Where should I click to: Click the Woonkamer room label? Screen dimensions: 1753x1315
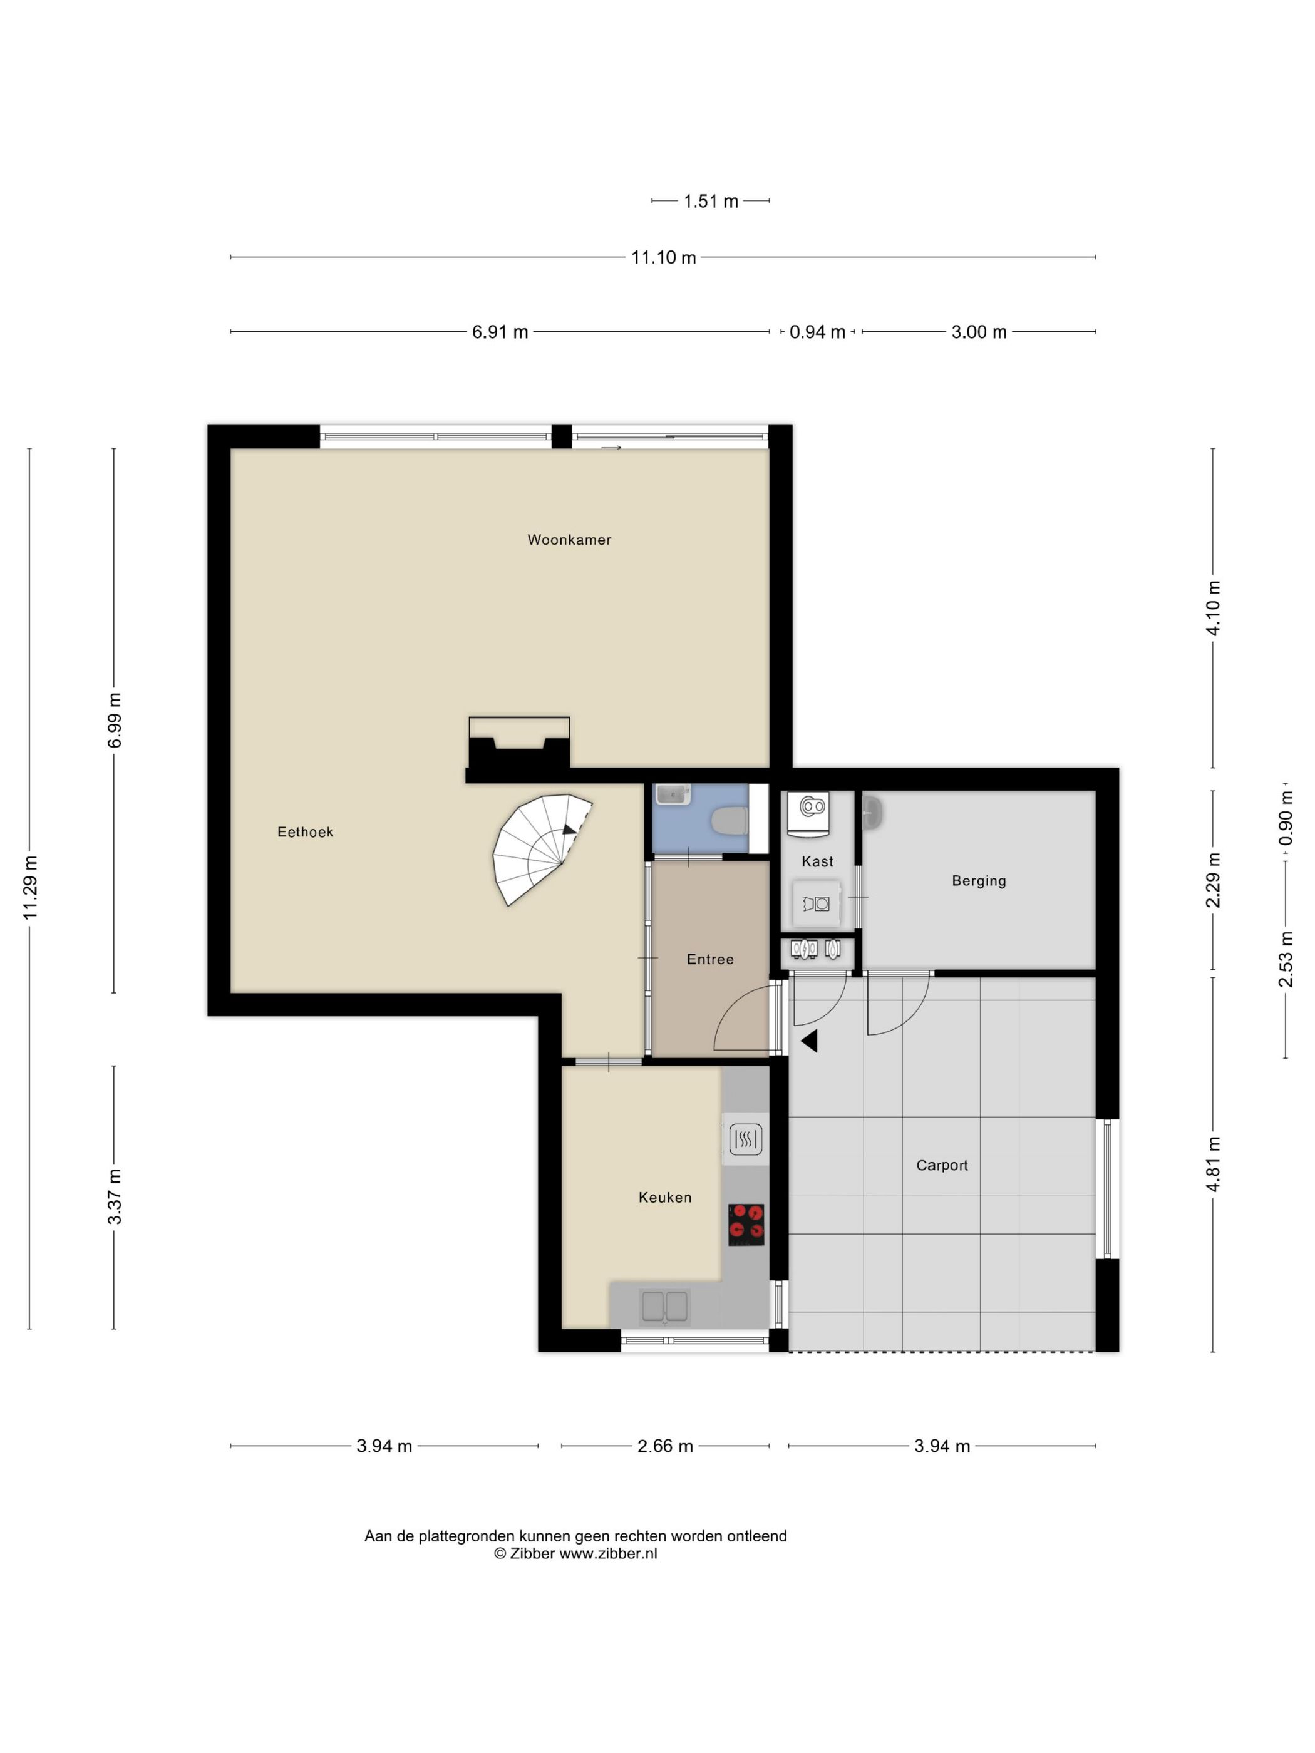tap(569, 540)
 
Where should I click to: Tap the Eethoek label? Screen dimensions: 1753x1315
tap(305, 831)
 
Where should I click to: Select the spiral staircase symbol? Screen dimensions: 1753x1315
tap(539, 848)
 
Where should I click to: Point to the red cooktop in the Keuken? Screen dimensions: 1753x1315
tap(746, 1223)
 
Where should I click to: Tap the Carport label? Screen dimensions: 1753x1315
tap(942, 1165)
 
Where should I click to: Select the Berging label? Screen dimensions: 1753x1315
tap(978, 880)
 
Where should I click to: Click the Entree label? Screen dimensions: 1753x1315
tap(709, 959)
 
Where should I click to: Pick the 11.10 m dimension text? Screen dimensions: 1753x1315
tap(663, 257)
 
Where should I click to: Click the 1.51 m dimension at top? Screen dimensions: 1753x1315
tap(710, 202)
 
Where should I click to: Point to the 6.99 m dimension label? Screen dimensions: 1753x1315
tap(115, 719)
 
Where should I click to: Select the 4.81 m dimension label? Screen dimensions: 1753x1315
tap(1213, 1163)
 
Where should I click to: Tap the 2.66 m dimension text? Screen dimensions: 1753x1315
tap(664, 1446)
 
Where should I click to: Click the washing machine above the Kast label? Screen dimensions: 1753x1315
tap(808, 814)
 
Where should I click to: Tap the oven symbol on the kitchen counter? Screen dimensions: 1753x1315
tap(745, 1139)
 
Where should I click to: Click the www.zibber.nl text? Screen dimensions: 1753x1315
tap(608, 1553)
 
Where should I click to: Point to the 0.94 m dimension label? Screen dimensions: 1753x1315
tap(817, 332)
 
